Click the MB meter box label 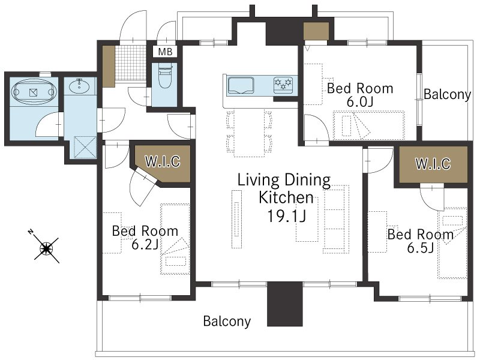pos(166,52)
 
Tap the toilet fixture pos(164,76)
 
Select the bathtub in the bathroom pos(34,92)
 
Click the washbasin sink pos(80,86)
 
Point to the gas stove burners pos(283,84)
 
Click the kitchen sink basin pos(241,85)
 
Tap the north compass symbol pos(46,248)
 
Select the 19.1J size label pos(287,216)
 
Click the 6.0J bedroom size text pos(359,102)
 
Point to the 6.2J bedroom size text pos(145,244)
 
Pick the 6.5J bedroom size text pos(421,248)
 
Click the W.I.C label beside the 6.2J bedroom pos(163,161)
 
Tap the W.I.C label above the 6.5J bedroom pos(433,164)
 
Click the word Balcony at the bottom pos(227,321)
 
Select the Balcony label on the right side pos(447,94)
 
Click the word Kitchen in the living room pos(286,198)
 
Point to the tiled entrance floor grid pos(131,63)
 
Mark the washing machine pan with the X pos(86,148)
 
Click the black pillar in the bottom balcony pos(284,304)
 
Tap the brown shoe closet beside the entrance pos(109,66)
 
